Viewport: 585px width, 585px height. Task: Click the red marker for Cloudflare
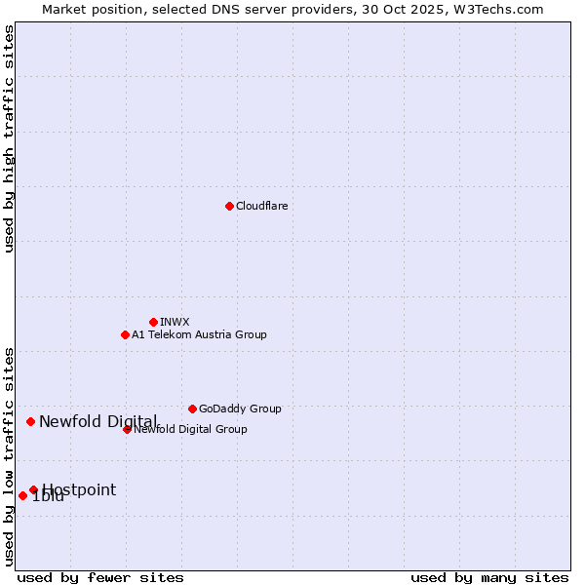(x=229, y=206)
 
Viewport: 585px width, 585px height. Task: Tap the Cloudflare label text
(x=261, y=206)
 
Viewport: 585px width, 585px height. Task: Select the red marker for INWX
(x=153, y=322)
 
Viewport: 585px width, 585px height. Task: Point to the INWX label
(x=175, y=322)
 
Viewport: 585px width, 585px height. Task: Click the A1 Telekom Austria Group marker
(x=125, y=334)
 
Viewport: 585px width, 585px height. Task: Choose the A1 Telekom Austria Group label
(x=199, y=334)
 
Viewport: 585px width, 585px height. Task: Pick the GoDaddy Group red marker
(x=192, y=409)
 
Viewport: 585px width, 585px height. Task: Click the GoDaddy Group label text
(x=240, y=409)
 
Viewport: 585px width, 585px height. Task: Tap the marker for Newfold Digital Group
(x=127, y=429)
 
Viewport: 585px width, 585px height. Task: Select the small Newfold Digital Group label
(x=191, y=429)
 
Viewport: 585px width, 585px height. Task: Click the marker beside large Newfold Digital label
(x=30, y=421)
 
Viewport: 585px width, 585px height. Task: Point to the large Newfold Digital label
(x=97, y=421)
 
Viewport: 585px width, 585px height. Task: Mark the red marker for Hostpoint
(x=33, y=489)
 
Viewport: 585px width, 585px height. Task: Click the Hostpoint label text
(x=79, y=489)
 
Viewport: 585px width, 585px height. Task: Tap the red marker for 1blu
(x=22, y=495)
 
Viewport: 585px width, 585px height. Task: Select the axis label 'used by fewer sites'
(x=100, y=577)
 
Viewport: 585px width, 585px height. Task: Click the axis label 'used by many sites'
(x=489, y=577)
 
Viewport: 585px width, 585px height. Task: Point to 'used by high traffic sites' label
(x=10, y=138)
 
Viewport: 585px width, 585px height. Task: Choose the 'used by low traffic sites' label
(x=10, y=456)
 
